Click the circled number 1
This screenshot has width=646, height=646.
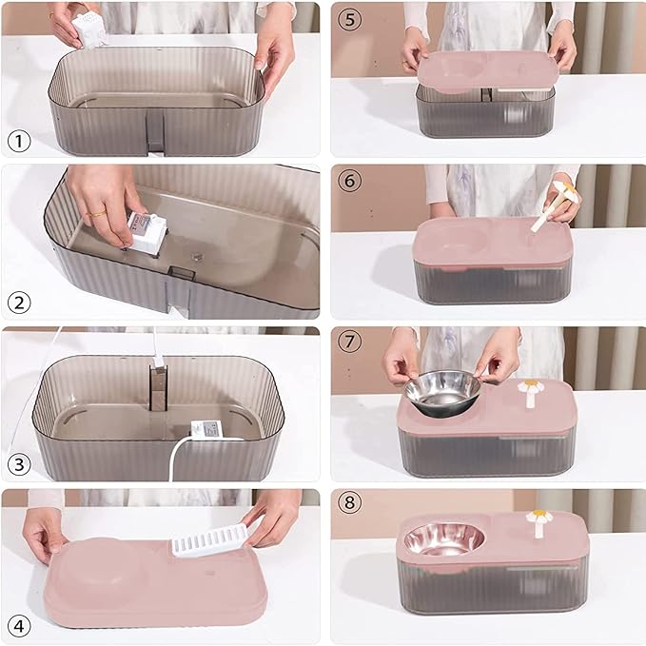pyautogui.click(x=19, y=142)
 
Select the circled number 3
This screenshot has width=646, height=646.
pyautogui.click(x=19, y=464)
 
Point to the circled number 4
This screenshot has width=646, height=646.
pyautogui.click(x=19, y=625)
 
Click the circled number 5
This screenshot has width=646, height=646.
pyautogui.click(x=348, y=17)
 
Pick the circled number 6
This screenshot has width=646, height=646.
pyautogui.click(x=348, y=181)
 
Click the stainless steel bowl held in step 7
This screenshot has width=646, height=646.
pyautogui.click(x=442, y=391)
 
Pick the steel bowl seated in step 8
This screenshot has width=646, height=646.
pyautogui.click(x=442, y=539)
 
